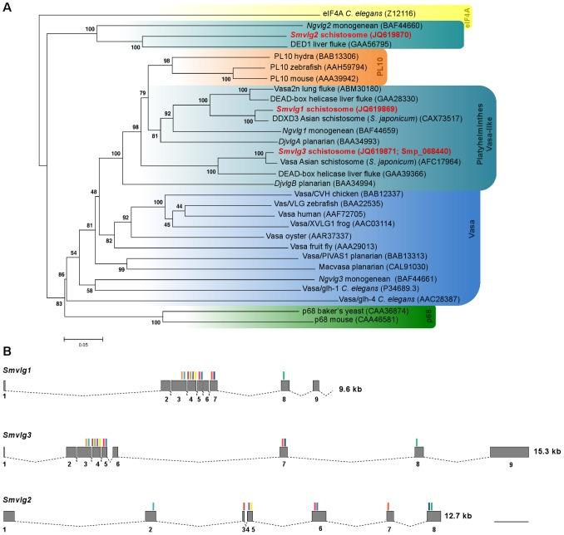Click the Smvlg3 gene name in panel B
[18, 435]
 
